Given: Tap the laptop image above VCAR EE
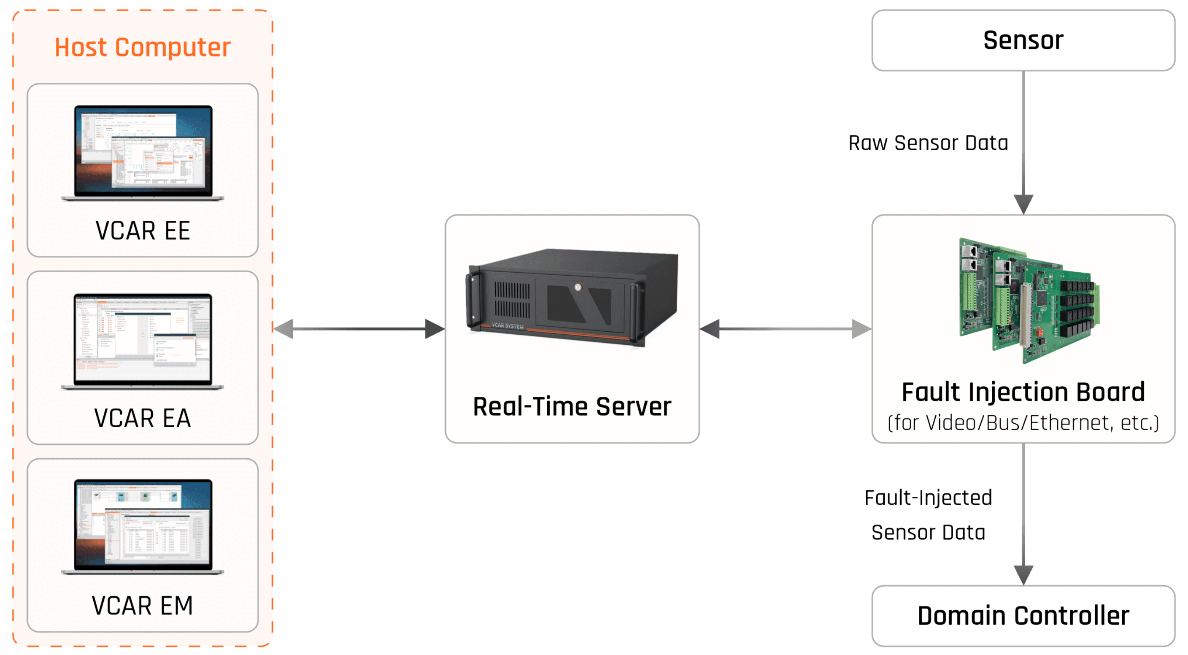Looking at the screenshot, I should (143, 152).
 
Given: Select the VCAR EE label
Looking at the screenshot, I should (143, 230).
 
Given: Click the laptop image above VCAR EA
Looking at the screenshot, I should (143, 341).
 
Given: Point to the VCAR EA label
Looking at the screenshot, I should (143, 418).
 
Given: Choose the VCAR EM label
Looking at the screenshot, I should (143, 606).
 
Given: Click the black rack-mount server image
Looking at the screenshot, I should (572, 298).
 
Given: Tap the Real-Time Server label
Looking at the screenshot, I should (572, 406).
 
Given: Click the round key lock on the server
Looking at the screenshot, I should (578, 287).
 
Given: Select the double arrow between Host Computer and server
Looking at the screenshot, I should (359, 329).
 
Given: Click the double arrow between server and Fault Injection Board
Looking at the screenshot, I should (786, 329).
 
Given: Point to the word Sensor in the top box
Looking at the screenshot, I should (1023, 40).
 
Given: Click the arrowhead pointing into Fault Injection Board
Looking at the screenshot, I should (1023, 204).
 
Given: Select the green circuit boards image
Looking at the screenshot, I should (1029, 300).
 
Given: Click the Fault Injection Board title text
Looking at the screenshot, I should (1023, 392).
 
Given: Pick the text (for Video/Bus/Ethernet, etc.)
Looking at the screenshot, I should (1023, 422).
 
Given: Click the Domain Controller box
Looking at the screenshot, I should (1023, 616).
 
